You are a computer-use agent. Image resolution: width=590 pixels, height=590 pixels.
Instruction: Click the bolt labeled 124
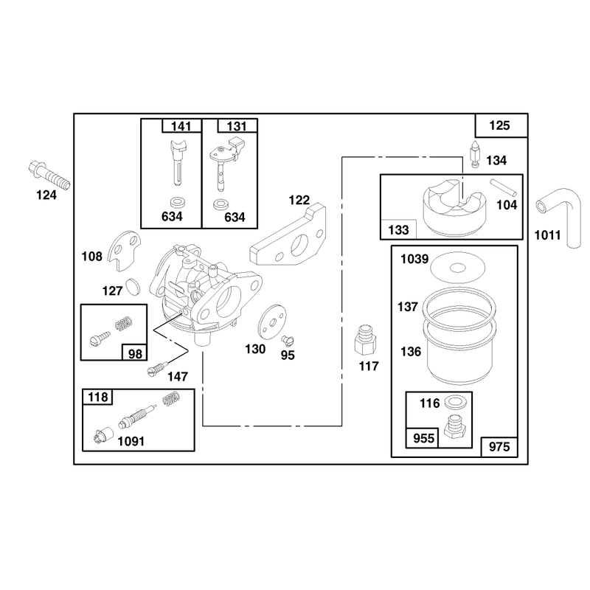pos(49,176)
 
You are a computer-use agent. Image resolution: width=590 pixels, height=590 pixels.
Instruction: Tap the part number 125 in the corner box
pos(499,125)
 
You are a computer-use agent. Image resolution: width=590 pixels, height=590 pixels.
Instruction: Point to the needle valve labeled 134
pos(475,154)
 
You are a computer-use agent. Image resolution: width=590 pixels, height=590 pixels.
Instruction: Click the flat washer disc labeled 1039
pos(457,268)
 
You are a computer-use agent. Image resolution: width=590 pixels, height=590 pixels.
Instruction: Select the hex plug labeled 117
pos(365,340)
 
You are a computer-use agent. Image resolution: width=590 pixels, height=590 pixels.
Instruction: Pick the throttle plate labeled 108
pos(125,250)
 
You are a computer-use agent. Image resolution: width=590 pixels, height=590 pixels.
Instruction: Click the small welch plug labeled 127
pos(133,287)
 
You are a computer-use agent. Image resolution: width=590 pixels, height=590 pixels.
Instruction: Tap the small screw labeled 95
pos(288,340)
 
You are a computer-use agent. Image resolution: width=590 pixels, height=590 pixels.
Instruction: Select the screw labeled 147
pos(157,368)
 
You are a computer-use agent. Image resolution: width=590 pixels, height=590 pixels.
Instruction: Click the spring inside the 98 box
pos(123,323)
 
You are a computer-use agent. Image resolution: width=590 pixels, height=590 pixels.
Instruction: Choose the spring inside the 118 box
pos(171,398)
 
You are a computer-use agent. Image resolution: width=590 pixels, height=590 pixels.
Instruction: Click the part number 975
pos(499,447)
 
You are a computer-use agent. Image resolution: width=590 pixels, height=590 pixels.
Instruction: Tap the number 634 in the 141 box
pos(172,217)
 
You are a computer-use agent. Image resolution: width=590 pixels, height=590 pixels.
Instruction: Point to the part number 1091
pos(131,441)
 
